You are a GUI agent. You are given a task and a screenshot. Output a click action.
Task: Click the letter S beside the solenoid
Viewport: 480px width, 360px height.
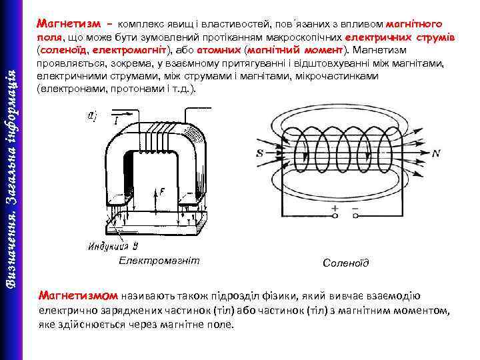259,153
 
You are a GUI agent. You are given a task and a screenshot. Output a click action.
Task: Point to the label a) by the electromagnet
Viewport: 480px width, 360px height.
91,115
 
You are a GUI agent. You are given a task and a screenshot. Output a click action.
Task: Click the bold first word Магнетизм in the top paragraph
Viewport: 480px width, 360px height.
69,24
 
